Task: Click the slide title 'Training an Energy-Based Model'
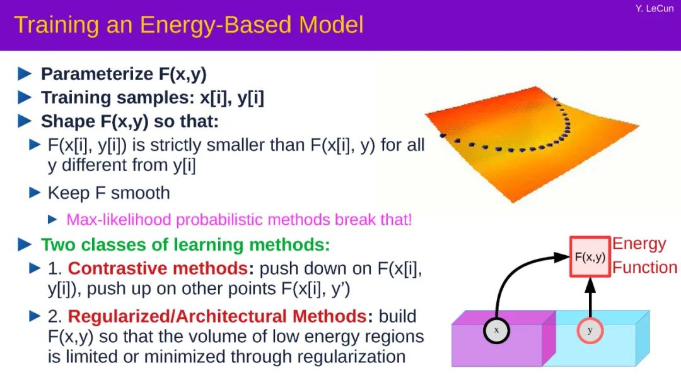[189, 25]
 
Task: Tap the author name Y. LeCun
[654, 8]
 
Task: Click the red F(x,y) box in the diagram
[590, 257]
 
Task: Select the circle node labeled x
[496, 330]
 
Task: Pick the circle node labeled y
[590, 330]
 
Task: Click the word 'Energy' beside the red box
[639, 244]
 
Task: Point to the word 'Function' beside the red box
[644, 267]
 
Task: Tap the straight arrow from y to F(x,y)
[590, 297]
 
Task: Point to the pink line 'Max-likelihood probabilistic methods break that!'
[239, 220]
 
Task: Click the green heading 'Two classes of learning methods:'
[185, 244]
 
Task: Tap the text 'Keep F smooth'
[108, 193]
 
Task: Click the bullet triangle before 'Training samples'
[25, 97]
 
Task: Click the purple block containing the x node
[503, 338]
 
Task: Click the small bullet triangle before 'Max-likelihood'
[52, 220]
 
